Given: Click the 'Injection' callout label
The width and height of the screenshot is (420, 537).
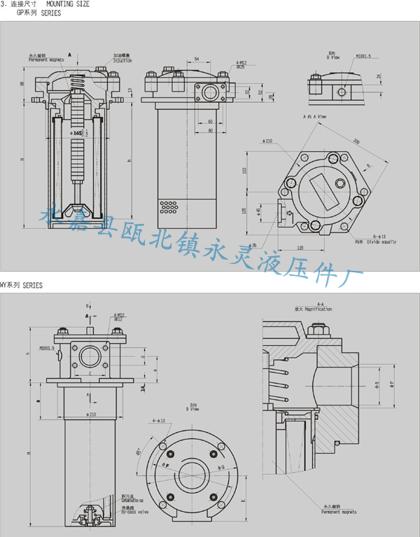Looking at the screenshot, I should click(x=122, y=60).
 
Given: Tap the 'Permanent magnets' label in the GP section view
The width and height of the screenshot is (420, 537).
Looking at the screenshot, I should click(x=46, y=60).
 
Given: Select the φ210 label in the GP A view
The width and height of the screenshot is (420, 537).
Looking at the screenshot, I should click(x=266, y=141).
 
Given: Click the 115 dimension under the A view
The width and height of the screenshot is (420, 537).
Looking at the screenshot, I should click(x=300, y=248).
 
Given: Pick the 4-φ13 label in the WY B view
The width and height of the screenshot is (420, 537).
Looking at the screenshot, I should click(x=157, y=421).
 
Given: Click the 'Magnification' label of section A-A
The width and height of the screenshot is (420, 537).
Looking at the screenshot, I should click(x=317, y=309).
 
